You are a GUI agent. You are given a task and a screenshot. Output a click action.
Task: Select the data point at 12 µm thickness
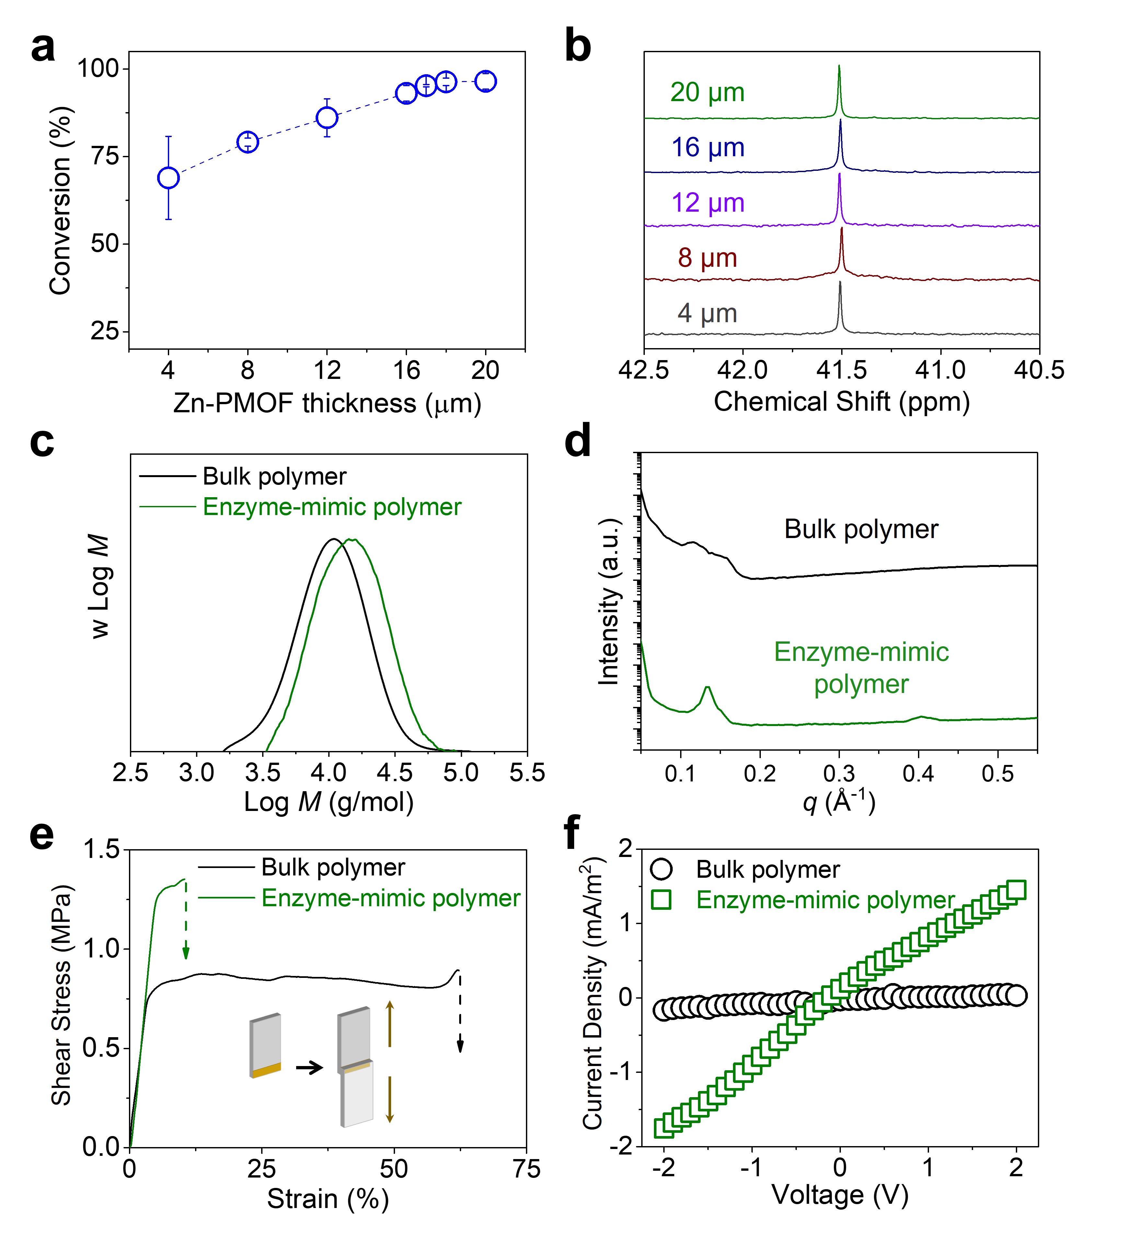(327, 118)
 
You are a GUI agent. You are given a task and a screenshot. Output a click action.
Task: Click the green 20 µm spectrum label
(707, 93)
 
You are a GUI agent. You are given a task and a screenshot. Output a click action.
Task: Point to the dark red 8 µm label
(707, 258)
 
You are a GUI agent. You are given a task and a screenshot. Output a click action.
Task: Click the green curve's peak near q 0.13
(707, 687)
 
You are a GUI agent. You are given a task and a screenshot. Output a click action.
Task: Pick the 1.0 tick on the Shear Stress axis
(102, 949)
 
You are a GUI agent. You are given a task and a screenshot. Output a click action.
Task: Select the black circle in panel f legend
(661, 870)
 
